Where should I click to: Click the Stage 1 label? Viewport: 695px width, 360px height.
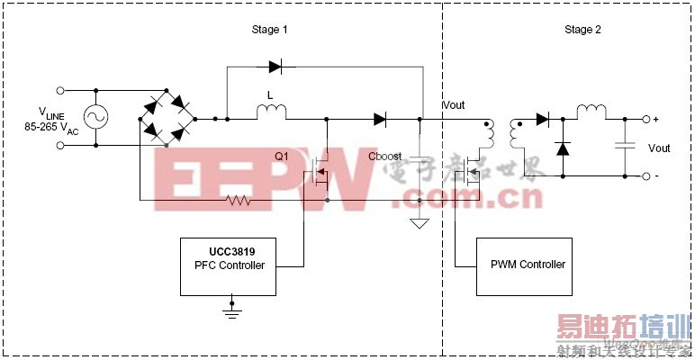[270, 30]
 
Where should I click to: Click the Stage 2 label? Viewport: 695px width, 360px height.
[582, 30]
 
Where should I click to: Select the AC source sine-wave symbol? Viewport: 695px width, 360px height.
[95, 118]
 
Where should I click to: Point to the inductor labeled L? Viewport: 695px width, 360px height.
[271, 112]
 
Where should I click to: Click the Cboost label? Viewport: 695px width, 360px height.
[385, 156]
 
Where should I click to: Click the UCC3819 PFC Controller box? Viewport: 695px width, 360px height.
[229, 265]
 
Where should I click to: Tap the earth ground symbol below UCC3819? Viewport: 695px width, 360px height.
[232, 310]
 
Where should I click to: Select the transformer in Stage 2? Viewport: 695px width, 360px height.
[502, 136]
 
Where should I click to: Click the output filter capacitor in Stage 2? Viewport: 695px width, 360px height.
[620, 146]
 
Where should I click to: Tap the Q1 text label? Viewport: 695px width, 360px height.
[282, 156]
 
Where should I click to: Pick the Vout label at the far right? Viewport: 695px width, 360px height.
[659, 148]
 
